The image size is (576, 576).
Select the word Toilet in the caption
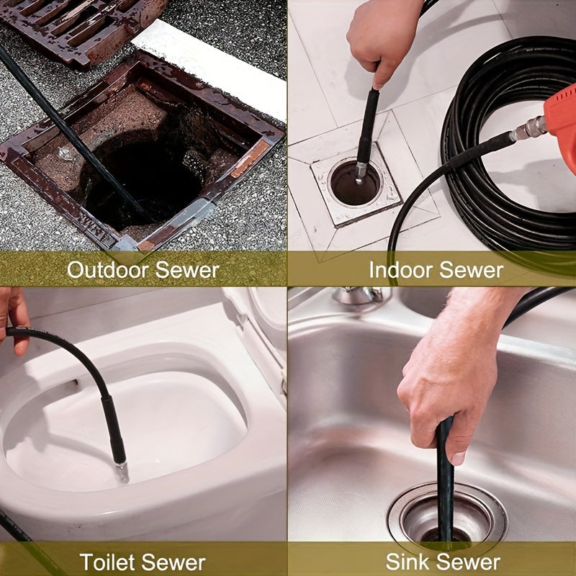(x=108, y=562)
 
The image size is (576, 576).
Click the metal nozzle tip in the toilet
(x=122, y=472)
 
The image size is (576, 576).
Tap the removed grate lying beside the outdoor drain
(x=79, y=25)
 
